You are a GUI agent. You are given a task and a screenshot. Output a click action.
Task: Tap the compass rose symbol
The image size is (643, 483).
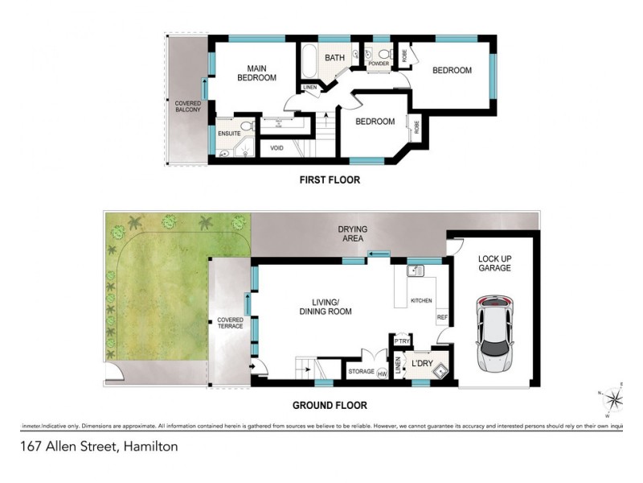(615, 398)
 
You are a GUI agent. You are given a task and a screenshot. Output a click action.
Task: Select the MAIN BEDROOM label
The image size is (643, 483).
(256, 73)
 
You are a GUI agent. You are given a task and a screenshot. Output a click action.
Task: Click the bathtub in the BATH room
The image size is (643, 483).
(310, 59)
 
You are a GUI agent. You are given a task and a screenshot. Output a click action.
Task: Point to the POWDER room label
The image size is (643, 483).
(379, 64)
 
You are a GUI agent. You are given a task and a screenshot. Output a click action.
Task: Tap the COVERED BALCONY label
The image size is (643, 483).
(188, 105)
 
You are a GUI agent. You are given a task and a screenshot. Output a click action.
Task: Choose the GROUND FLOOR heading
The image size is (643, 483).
(330, 406)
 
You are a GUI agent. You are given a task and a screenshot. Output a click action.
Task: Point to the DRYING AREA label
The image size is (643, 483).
(352, 234)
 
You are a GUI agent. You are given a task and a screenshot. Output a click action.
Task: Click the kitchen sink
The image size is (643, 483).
(416, 271)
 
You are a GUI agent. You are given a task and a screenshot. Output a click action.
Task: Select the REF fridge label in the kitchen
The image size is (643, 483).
(441, 318)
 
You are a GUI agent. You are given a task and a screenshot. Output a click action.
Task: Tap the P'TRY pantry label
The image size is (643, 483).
(401, 341)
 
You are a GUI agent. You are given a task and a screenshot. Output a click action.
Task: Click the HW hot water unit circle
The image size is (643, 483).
(382, 372)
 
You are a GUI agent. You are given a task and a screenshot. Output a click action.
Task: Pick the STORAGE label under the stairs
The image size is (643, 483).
(361, 372)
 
